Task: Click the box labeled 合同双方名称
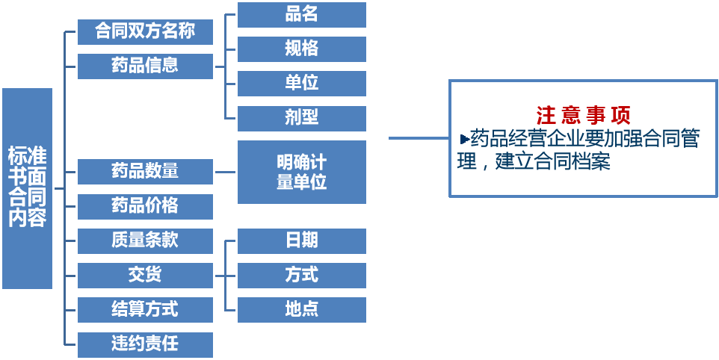pyautogui.click(x=145, y=32)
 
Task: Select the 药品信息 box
pyautogui.click(x=145, y=66)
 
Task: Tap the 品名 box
pyautogui.click(x=301, y=14)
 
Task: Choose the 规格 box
pyautogui.click(x=301, y=49)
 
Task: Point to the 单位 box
pyautogui.click(x=301, y=83)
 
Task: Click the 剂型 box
pyautogui.click(x=301, y=117)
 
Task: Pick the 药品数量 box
pyautogui.click(x=145, y=171)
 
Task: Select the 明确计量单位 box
pyautogui.click(x=301, y=172)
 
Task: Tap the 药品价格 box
pyautogui.click(x=145, y=205)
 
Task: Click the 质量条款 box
pyautogui.click(x=145, y=240)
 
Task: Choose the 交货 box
pyautogui.click(x=145, y=275)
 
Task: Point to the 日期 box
pyautogui.click(x=301, y=240)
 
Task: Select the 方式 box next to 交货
pyautogui.click(x=301, y=275)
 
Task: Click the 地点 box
pyautogui.click(x=301, y=309)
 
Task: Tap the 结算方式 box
pyautogui.click(x=145, y=309)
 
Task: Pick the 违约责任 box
pyautogui.click(x=145, y=344)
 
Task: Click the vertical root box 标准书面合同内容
pyautogui.click(x=27, y=187)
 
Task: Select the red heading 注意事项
pyautogui.click(x=583, y=116)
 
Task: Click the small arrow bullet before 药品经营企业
pyautogui.click(x=464, y=139)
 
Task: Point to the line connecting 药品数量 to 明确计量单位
pyautogui.click(x=225, y=172)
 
